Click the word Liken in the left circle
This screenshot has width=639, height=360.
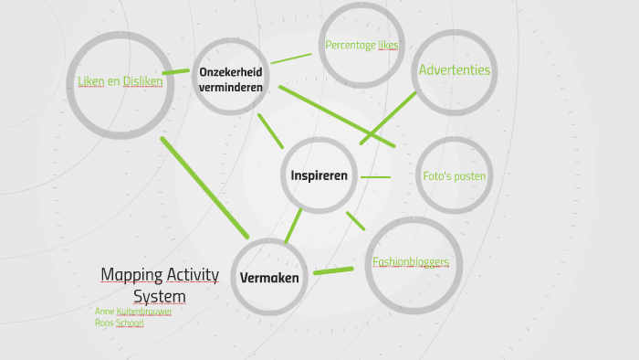(x=89, y=81)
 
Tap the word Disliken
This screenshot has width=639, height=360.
(x=143, y=81)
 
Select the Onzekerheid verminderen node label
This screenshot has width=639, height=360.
(x=231, y=80)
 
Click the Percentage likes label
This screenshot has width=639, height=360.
(x=361, y=45)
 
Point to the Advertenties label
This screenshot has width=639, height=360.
(x=454, y=70)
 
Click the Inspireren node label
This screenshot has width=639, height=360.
(x=319, y=175)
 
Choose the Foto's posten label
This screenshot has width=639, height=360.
(x=454, y=176)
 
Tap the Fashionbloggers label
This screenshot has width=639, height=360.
(x=411, y=262)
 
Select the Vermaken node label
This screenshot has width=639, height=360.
(x=269, y=277)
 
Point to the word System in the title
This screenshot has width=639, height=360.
(x=160, y=297)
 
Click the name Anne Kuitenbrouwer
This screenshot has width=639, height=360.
(x=133, y=312)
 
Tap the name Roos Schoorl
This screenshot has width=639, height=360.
(x=120, y=323)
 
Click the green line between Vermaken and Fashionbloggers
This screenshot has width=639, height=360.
(x=333, y=270)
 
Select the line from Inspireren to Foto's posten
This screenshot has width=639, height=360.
(x=375, y=177)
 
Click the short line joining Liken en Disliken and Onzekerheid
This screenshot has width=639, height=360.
(x=175, y=71)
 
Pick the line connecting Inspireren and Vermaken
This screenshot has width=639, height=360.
(x=292, y=226)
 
